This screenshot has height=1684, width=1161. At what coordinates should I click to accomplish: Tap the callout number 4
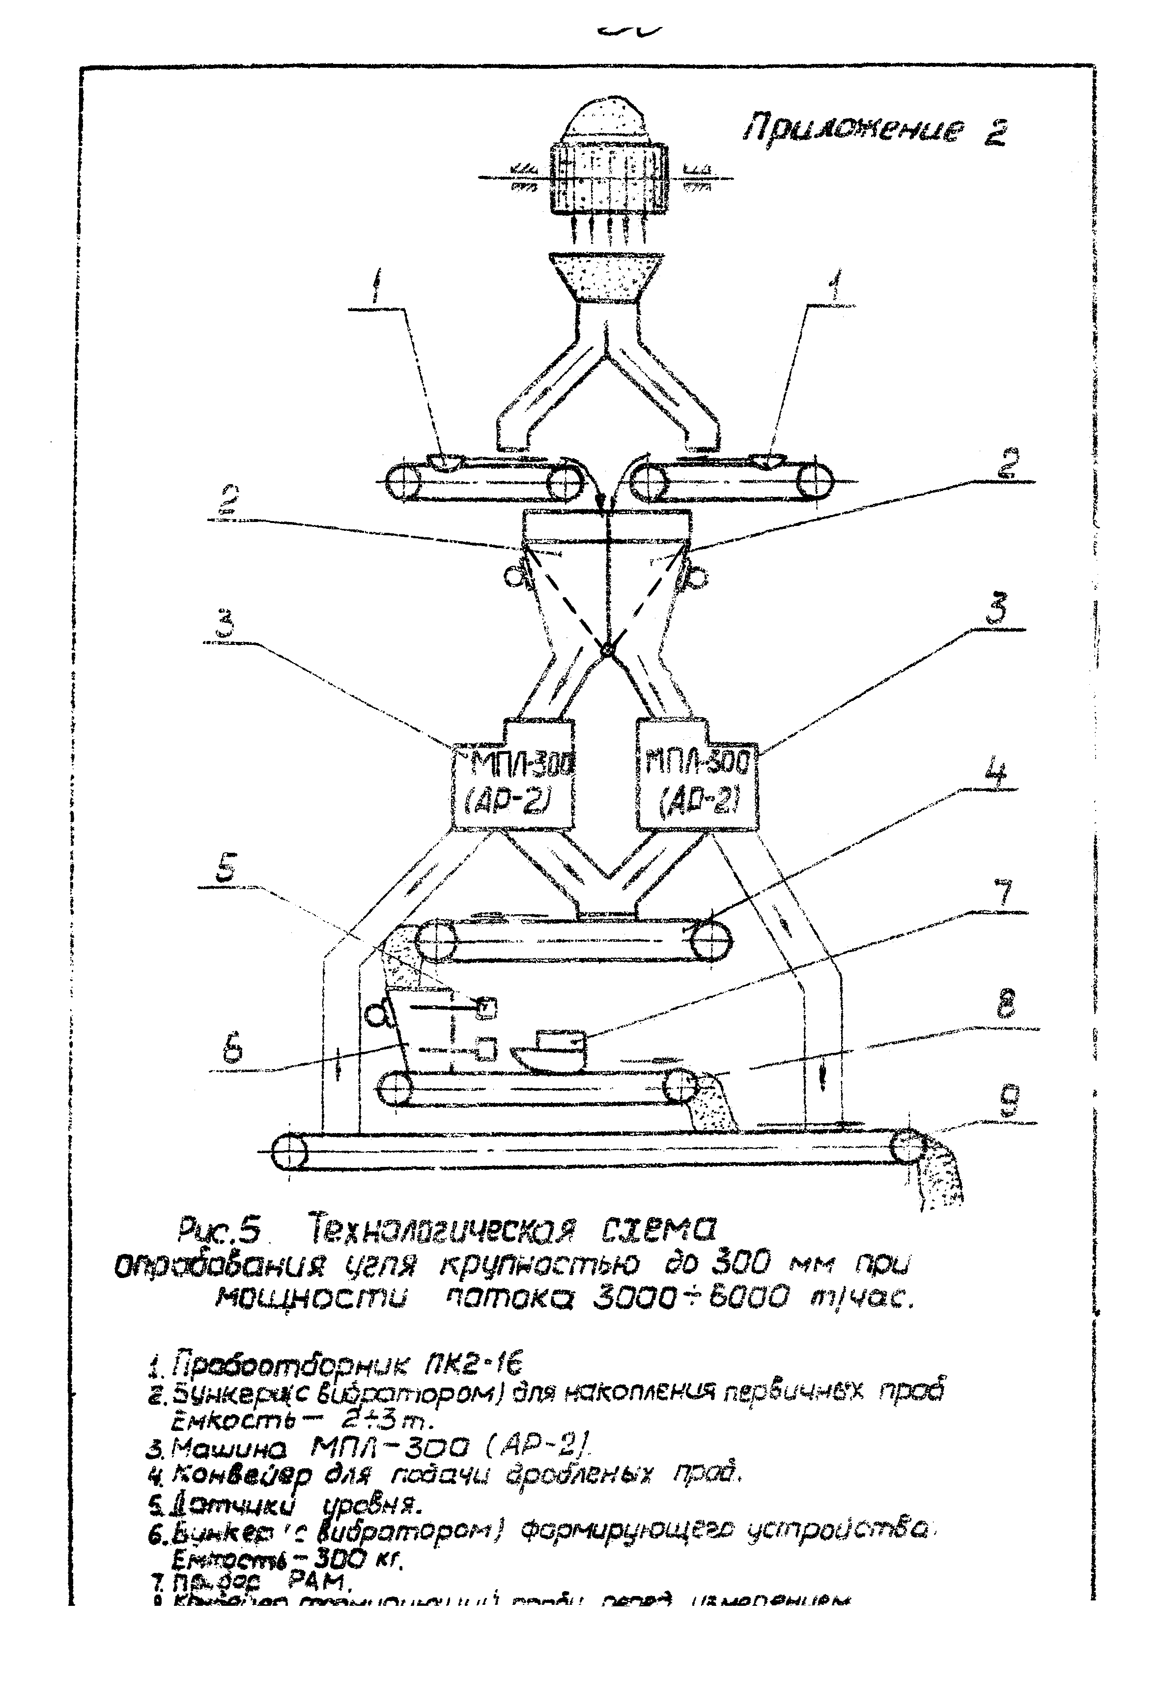pos(996,772)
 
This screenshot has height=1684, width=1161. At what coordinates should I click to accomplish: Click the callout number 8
pos(1007,1007)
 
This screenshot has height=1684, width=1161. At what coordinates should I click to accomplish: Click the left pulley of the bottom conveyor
pos(289,1152)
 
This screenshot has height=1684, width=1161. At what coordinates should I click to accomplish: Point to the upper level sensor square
pos(487,1007)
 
